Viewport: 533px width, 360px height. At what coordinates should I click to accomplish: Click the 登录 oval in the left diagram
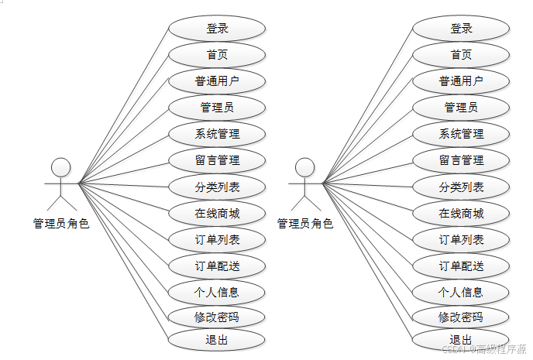coord(217,29)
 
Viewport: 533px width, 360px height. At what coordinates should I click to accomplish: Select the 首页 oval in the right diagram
coord(461,55)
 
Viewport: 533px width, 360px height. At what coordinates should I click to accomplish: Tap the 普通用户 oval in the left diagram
coord(217,81)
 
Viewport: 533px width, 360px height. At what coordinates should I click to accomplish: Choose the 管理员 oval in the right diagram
coord(461,108)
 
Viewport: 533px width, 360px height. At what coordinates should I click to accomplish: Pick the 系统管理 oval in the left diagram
coord(217,134)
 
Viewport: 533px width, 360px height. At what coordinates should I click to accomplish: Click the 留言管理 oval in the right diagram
coord(461,160)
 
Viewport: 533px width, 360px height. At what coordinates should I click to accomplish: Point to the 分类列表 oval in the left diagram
coord(217,187)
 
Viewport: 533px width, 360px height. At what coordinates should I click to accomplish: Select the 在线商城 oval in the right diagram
coord(461,213)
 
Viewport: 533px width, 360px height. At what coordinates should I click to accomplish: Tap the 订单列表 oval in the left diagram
coord(217,239)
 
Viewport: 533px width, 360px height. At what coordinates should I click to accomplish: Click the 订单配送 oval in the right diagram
coord(461,266)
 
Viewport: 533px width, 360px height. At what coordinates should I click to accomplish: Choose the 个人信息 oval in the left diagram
coord(217,292)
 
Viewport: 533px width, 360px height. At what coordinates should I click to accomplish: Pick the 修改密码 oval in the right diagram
coord(461,317)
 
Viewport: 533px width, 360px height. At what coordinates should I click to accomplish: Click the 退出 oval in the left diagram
coord(217,339)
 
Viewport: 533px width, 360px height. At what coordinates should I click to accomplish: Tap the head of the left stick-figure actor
coord(60,167)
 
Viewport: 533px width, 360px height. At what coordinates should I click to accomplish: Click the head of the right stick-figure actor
coord(305,167)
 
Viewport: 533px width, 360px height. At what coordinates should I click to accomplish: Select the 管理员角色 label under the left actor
coord(61,224)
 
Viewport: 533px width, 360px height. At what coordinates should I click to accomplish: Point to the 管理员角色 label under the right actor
coord(305,224)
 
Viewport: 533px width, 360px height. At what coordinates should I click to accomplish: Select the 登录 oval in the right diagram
coord(461,29)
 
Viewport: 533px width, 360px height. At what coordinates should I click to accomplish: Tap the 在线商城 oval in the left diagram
coord(217,213)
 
